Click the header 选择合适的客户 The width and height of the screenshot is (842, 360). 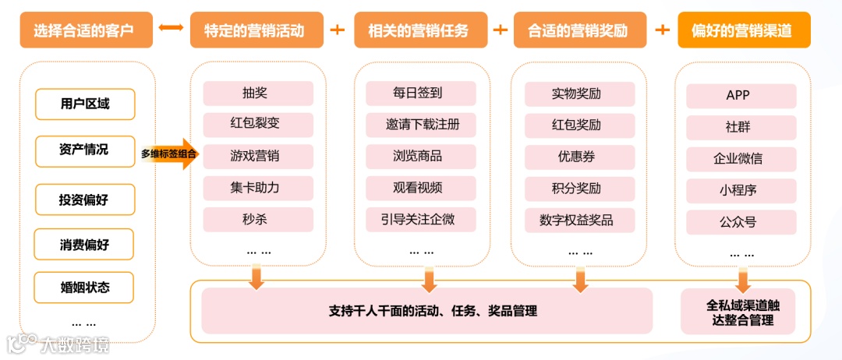[x=83, y=30]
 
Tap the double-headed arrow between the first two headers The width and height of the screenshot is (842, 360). [x=169, y=30]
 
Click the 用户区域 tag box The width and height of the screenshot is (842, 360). [x=85, y=104]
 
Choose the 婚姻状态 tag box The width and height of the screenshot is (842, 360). [x=85, y=287]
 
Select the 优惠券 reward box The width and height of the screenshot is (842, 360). [x=576, y=157]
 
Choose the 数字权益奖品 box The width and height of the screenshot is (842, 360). [x=576, y=220]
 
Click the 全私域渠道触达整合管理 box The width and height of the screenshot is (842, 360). [x=738, y=312]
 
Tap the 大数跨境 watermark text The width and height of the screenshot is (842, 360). [x=76, y=344]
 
